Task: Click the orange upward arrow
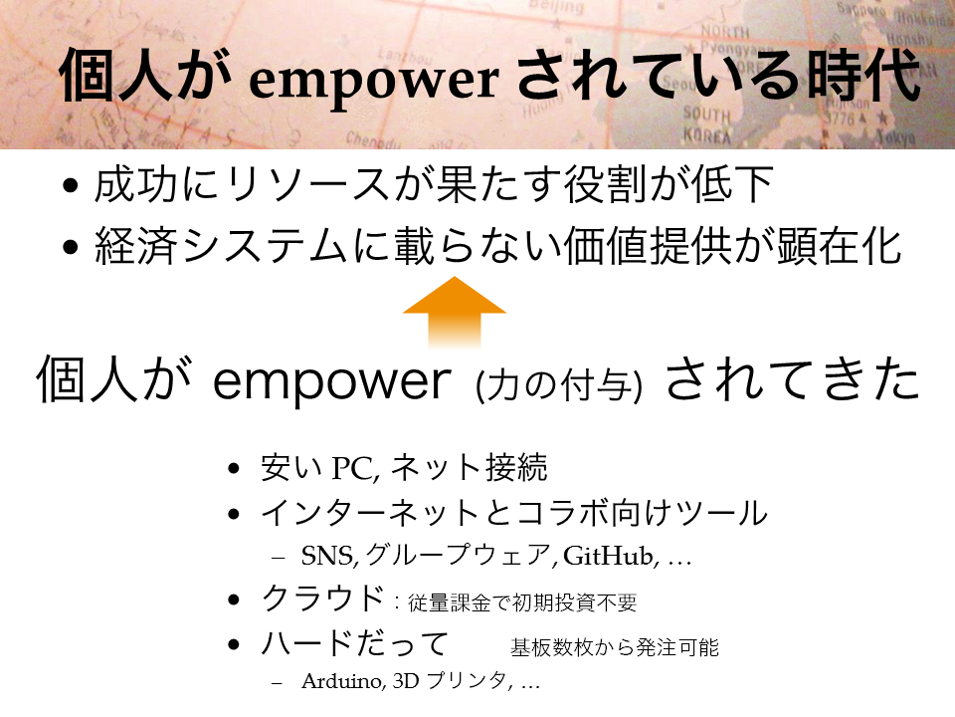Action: [455, 312]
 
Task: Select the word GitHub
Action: [608, 556]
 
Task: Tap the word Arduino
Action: [341, 680]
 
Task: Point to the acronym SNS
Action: [327, 556]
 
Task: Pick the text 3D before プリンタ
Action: [406, 680]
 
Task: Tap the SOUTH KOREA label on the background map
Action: [706, 123]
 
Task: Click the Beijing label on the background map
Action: [557, 7]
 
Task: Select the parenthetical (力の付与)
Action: [558, 385]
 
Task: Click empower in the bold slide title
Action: [374, 81]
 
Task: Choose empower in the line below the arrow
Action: [331, 381]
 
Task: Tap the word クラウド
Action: [322, 597]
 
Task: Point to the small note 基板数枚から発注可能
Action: [615, 647]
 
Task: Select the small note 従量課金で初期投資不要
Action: [522, 603]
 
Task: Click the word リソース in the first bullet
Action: [307, 184]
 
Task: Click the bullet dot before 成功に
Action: [71, 185]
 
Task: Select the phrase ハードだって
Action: [354, 644]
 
